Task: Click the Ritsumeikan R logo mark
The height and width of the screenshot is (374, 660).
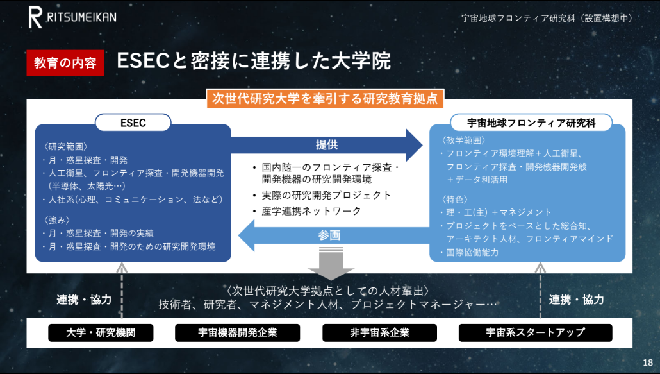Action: point(35,18)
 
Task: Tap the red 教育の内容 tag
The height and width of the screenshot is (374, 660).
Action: point(65,63)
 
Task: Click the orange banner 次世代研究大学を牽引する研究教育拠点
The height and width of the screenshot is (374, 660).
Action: point(325,99)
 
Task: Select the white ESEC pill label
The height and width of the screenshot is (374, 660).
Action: point(133,123)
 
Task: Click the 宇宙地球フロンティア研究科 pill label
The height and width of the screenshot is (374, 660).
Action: point(531,123)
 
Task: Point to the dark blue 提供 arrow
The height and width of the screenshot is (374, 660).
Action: point(327,146)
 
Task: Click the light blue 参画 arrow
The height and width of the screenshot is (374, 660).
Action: point(333,235)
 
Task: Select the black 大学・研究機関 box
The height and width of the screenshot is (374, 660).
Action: point(101,333)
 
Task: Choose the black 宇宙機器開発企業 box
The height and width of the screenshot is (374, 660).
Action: point(237,333)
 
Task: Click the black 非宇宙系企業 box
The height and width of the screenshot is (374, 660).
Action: point(380,333)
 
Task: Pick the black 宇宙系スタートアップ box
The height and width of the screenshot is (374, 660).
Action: point(536,333)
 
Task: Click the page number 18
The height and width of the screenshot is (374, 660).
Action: point(648,362)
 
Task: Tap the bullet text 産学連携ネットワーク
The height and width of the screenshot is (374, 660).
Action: point(311,211)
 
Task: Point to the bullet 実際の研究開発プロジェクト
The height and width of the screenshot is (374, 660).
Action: point(327,195)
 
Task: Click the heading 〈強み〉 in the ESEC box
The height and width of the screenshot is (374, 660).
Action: point(57,220)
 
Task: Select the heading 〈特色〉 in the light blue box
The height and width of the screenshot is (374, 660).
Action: point(454,200)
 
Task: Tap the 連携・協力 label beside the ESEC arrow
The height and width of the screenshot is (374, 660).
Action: point(84,300)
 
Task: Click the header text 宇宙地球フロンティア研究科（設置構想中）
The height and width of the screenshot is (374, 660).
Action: point(547,18)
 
